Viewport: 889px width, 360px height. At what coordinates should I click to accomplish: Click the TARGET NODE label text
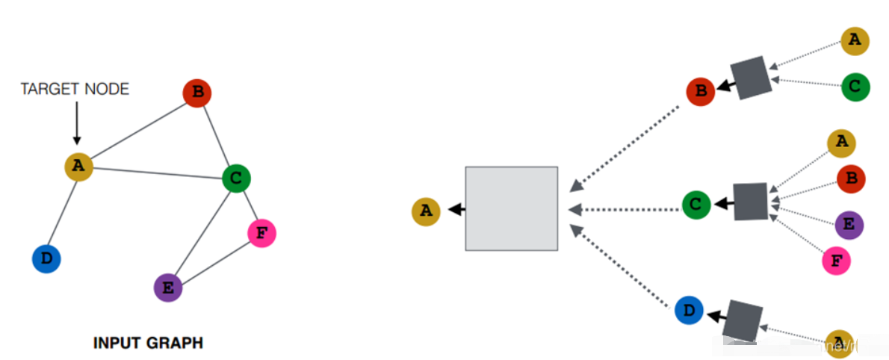pyautogui.click(x=75, y=90)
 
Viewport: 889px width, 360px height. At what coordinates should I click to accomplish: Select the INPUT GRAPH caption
pyautogui.click(x=148, y=344)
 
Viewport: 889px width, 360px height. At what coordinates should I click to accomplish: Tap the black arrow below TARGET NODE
pyautogui.click(x=76, y=123)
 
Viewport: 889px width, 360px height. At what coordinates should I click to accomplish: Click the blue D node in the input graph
pyautogui.click(x=46, y=259)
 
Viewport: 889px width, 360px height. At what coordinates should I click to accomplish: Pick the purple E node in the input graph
pyautogui.click(x=168, y=287)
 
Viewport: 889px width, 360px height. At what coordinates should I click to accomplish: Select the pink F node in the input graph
pyautogui.click(x=261, y=233)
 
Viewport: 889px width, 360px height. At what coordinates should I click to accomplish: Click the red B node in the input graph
pyautogui.click(x=197, y=93)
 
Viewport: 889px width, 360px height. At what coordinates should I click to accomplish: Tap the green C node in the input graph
pyautogui.click(x=236, y=178)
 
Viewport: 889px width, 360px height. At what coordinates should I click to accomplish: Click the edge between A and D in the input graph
pyautogui.click(x=62, y=213)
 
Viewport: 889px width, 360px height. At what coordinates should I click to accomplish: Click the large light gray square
pyautogui.click(x=511, y=208)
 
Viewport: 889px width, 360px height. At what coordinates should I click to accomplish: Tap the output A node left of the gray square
pyautogui.click(x=426, y=211)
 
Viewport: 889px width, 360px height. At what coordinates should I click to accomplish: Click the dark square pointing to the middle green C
pyautogui.click(x=750, y=202)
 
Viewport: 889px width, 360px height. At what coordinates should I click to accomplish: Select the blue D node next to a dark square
pyautogui.click(x=688, y=311)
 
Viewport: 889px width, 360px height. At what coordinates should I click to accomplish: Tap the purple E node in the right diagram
pyautogui.click(x=848, y=224)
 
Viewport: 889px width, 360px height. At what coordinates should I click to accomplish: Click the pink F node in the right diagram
pyautogui.click(x=836, y=261)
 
